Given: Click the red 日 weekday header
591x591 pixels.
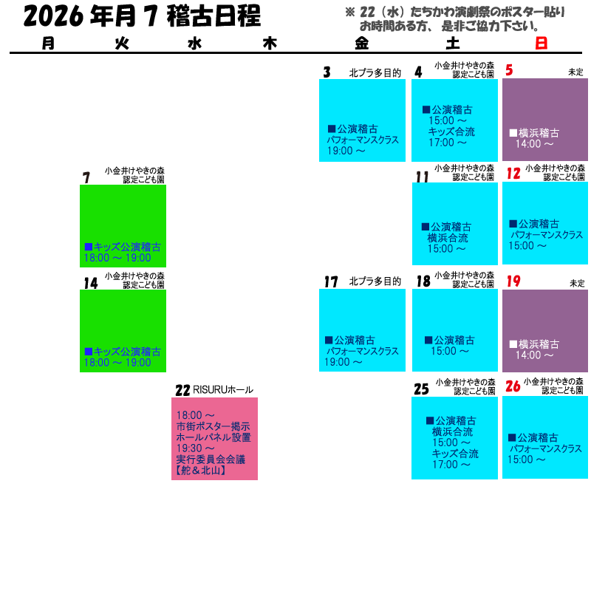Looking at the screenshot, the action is [x=541, y=44].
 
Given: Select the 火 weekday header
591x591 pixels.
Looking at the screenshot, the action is [x=122, y=44].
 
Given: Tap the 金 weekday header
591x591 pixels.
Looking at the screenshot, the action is [x=361, y=44].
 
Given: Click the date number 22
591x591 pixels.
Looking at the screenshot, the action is [x=182, y=390].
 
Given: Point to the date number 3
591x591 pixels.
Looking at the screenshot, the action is [x=327, y=72].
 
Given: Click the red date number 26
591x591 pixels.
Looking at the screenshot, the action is [x=513, y=386].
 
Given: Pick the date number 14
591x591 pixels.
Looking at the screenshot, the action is [x=91, y=283].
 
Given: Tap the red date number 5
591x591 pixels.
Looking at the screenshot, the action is [x=509, y=70].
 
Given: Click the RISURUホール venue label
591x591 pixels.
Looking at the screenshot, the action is [x=223, y=390].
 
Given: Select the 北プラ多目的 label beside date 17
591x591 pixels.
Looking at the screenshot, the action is [x=375, y=281].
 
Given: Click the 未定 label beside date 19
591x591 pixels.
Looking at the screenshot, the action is [x=577, y=283].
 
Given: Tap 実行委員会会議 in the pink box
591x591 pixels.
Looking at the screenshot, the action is [x=211, y=460].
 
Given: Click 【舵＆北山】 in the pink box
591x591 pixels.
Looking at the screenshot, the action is [x=201, y=471].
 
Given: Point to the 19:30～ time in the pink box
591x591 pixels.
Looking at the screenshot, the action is [x=195, y=448].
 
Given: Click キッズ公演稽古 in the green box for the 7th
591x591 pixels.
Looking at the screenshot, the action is [x=127, y=247].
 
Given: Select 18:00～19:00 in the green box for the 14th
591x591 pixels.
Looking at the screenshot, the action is [x=117, y=363].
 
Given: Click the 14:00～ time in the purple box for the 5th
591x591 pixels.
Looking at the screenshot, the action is [x=534, y=143].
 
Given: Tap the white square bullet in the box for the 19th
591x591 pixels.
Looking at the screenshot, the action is [x=513, y=344].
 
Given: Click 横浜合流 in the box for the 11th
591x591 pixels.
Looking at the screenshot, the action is [x=448, y=238].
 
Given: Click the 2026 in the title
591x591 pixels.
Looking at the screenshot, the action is [x=53, y=16].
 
